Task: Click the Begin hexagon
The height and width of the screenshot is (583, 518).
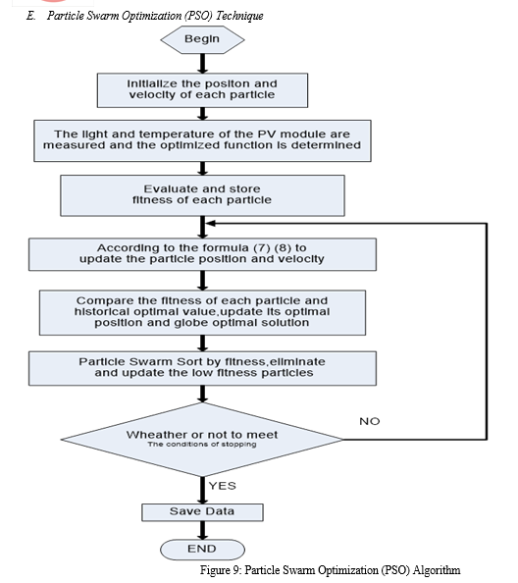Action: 202,39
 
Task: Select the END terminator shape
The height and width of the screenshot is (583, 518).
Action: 202,550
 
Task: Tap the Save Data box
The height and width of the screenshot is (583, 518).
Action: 202,512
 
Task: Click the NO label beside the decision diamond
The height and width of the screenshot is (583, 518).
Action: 369,421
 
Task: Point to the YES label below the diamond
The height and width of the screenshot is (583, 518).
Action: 223,486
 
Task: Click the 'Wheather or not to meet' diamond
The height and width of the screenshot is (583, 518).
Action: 202,440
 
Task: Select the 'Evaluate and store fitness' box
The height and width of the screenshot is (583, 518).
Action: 202,195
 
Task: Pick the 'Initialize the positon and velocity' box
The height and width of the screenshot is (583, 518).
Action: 202,90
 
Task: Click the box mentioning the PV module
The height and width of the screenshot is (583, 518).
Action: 202,140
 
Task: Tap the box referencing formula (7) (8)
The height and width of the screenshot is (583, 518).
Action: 202,254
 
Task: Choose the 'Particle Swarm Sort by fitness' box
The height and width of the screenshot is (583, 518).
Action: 202,368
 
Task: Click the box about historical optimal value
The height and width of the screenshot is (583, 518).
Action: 202,313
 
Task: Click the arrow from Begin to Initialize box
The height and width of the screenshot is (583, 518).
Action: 202,64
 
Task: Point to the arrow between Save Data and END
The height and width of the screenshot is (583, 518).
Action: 202,531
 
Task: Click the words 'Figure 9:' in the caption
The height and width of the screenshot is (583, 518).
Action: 221,570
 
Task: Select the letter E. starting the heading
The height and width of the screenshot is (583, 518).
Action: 30,16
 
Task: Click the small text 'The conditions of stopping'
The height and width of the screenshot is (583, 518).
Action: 202,445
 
